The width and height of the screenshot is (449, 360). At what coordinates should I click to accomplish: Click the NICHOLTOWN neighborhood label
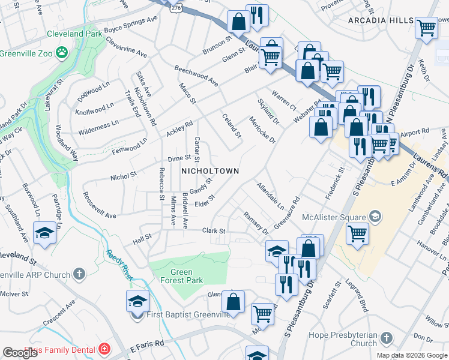pos(210,171)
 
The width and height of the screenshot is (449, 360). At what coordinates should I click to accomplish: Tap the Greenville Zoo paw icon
pos(61,53)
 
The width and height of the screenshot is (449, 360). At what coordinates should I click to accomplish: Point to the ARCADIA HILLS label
pos(381,20)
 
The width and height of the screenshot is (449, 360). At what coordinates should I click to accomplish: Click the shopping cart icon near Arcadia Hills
pos(426,27)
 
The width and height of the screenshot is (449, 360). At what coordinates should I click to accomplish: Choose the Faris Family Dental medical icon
pos(104,348)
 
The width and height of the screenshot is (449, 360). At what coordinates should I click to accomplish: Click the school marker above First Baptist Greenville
pos(137,301)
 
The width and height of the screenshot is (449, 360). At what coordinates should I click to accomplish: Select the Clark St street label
pos(213,230)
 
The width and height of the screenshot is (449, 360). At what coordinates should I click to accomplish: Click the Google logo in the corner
pos(20,353)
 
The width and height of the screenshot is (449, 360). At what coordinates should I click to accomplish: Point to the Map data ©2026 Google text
pos(411,355)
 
